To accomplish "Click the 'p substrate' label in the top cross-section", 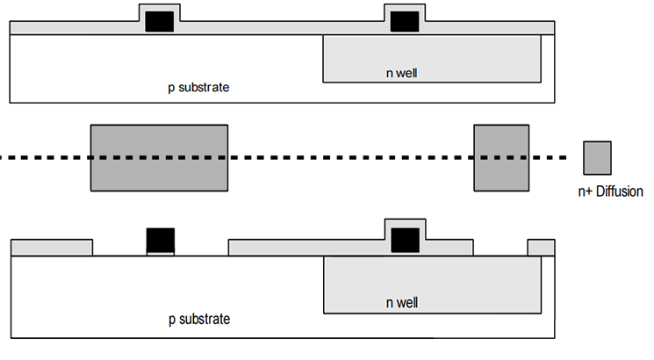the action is coord(198,88).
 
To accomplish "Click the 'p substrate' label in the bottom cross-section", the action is coord(199,320).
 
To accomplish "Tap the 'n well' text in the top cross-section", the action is coord(402,73).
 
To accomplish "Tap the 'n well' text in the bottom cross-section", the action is coord(402,303).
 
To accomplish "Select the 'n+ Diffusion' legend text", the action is coord(610,191).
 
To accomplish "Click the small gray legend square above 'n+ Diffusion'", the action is coord(597,158).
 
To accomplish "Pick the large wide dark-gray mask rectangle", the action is coord(159,158).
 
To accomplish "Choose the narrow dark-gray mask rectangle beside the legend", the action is coord(501,158).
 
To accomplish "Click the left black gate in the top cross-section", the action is coord(159,22).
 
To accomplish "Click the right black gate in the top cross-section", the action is coord(405,22).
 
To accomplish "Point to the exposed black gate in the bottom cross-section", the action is coord(161,241).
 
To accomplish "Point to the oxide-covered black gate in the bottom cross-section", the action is coord(405,241).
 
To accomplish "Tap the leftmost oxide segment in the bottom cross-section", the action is coord(52,248).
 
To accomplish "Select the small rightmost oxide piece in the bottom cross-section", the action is coord(542,248).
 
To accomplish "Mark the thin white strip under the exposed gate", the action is coord(161,254).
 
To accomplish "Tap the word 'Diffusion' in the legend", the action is coord(620,191).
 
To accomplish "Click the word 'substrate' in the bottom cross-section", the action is coord(205,320).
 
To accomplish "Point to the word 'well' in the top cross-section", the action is coord(406,73).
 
